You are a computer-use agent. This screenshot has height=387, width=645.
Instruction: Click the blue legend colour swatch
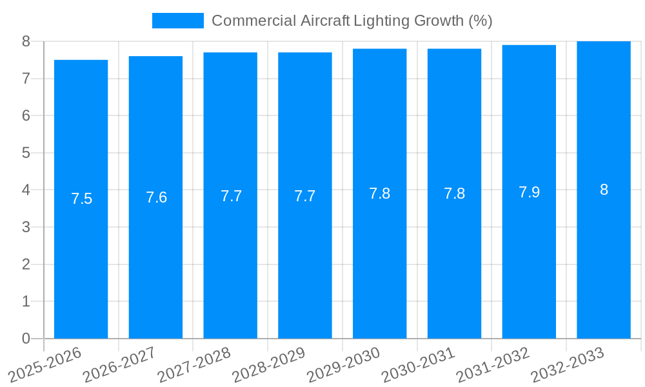click(177, 21)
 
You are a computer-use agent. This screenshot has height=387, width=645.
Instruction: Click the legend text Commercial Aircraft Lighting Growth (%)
click(352, 21)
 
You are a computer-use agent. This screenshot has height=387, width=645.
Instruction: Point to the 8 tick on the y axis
click(26, 41)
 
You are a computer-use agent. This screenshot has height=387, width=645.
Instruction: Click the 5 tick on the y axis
click(26, 153)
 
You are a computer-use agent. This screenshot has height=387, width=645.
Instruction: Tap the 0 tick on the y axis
click(26, 339)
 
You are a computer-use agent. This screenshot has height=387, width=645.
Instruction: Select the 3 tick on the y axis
click(26, 227)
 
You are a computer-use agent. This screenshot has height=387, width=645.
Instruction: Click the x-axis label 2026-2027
click(119, 364)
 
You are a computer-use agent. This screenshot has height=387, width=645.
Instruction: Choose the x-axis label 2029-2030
click(343, 364)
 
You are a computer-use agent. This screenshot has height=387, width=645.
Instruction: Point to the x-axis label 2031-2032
click(493, 364)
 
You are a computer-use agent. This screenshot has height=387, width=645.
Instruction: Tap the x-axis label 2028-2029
click(268, 364)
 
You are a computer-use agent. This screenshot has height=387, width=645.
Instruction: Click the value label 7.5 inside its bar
click(81, 199)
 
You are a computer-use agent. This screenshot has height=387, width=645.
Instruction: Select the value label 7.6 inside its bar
click(156, 197)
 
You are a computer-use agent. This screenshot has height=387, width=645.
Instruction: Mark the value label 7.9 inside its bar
click(529, 192)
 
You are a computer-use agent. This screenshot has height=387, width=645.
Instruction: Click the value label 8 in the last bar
click(604, 190)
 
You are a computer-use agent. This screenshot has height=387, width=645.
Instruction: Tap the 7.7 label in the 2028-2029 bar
click(305, 196)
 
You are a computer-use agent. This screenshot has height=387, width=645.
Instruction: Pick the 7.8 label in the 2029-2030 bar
click(379, 193)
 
